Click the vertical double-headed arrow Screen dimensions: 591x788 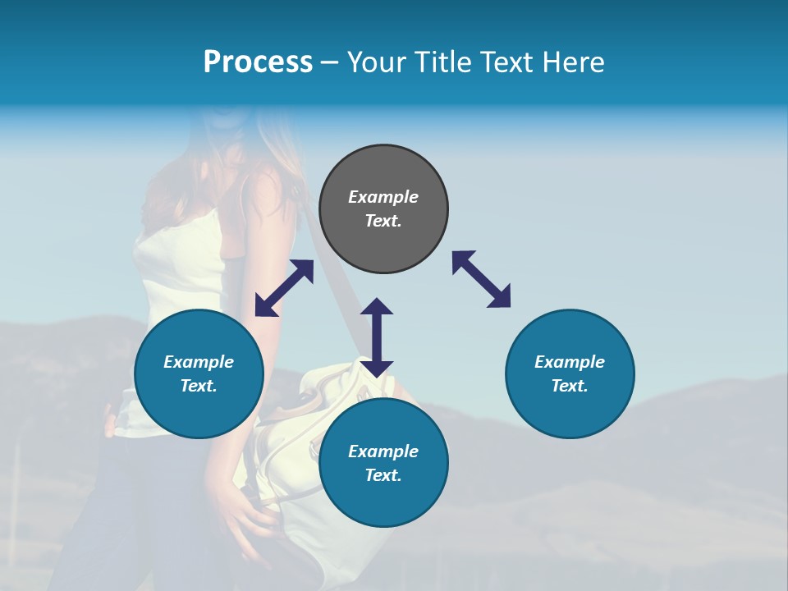(x=377, y=337)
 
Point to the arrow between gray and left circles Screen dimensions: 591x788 (x=284, y=288)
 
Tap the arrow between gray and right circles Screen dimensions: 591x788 (x=481, y=279)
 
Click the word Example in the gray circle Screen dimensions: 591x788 (x=383, y=197)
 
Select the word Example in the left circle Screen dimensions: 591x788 (x=199, y=362)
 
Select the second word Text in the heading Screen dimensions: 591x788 (x=511, y=62)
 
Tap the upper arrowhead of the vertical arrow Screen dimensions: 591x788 (x=377, y=308)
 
